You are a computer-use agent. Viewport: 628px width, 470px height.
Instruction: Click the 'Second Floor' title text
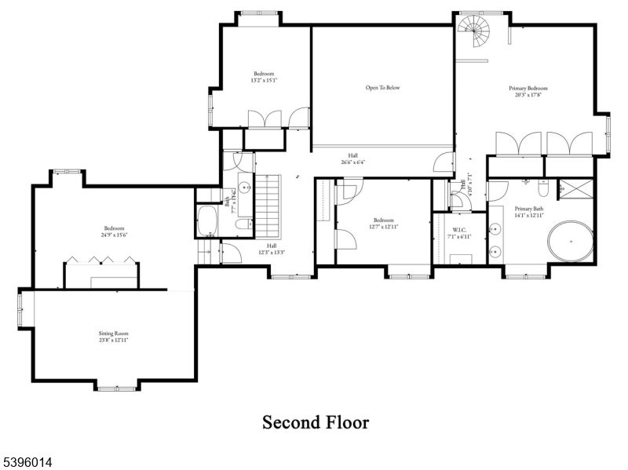315,423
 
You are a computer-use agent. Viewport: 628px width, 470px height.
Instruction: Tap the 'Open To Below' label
382,88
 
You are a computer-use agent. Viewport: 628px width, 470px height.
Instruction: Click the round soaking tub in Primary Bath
570,242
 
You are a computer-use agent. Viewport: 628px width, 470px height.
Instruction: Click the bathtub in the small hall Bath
208,221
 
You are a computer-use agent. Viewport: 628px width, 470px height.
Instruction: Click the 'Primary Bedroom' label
527,89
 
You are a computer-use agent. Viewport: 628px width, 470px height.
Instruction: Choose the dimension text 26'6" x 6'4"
352,162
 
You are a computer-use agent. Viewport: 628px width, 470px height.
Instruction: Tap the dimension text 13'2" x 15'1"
264,80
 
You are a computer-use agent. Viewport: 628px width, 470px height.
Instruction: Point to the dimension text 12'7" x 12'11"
383,227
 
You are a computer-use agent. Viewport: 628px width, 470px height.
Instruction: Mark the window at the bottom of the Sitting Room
116,387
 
